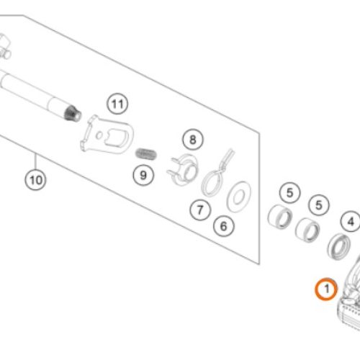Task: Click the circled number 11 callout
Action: tap(117, 104)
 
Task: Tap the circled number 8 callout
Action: tap(193, 140)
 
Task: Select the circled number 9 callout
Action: tap(143, 175)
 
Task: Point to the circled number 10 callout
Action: tap(36, 180)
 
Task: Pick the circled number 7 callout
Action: tap(200, 210)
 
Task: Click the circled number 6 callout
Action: tap(224, 226)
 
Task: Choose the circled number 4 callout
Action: tap(351, 221)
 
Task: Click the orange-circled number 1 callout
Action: tap(326, 289)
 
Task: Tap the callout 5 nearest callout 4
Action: tap(319, 204)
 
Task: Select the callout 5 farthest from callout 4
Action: tap(290, 193)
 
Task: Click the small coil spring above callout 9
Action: tap(146, 154)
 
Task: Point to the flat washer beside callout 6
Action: tap(239, 197)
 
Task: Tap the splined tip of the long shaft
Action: tap(73, 113)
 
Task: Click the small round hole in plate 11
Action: tap(99, 136)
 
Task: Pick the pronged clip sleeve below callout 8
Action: tap(183, 169)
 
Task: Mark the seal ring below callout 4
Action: tap(338, 246)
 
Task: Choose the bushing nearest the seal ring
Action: tap(307, 230)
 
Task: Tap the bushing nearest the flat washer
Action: tap(280, 217)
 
